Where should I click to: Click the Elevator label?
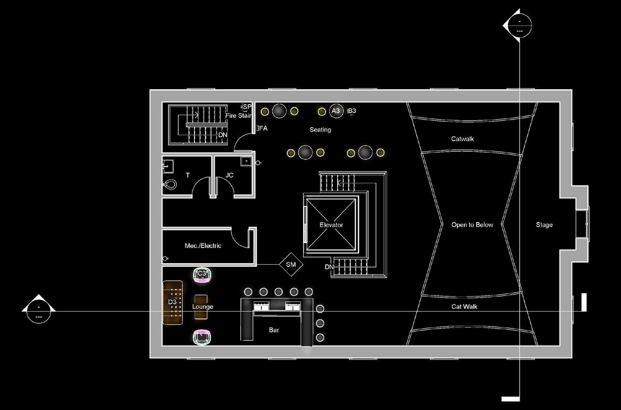point(331,225)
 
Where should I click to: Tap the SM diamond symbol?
point(291,265)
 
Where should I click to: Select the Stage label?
point(544,225)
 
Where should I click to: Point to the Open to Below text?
point(472,225)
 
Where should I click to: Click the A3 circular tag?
point(335,111)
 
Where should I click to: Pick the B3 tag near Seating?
point(352,111)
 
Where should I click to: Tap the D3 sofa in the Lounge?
point(173,302)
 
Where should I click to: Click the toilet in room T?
point(170,184)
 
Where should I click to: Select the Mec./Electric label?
point(203,246)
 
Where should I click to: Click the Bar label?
point(274,330)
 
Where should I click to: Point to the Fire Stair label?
point(238,116)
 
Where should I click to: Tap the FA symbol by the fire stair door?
point(262,128)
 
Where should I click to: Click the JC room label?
point(229,175)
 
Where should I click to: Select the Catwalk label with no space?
point(463,139)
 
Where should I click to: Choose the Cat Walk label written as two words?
point(464,307)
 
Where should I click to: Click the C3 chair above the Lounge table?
point(202,275)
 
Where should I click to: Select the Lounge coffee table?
point(201,307)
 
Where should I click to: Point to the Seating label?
point(320,130)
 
